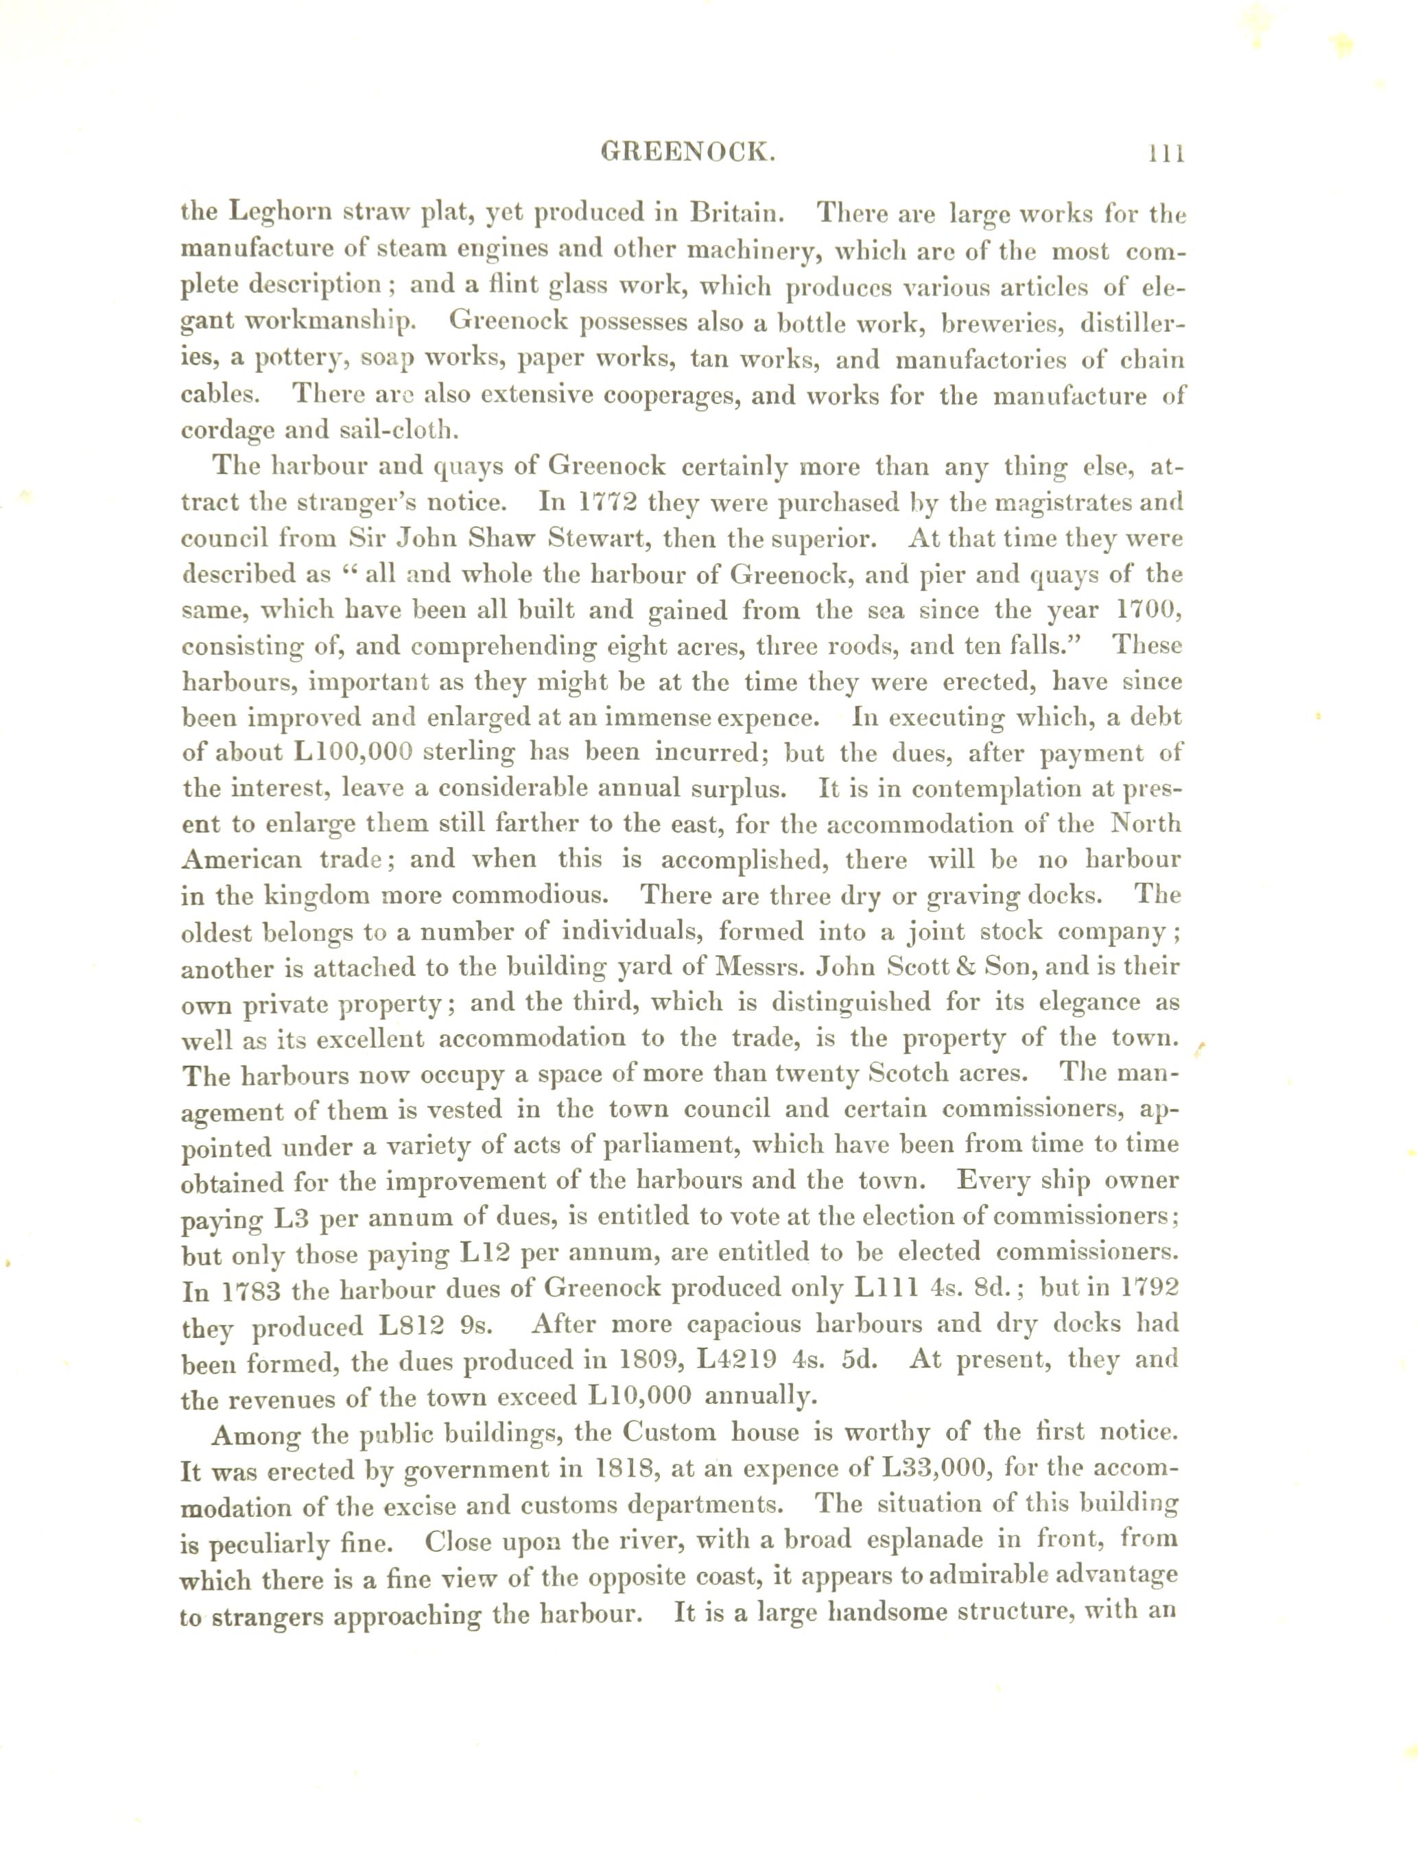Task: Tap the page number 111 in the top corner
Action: point(1166,154)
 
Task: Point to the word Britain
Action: point(736,211)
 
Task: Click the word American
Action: point(241,859)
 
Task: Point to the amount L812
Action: point(410,1326)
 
